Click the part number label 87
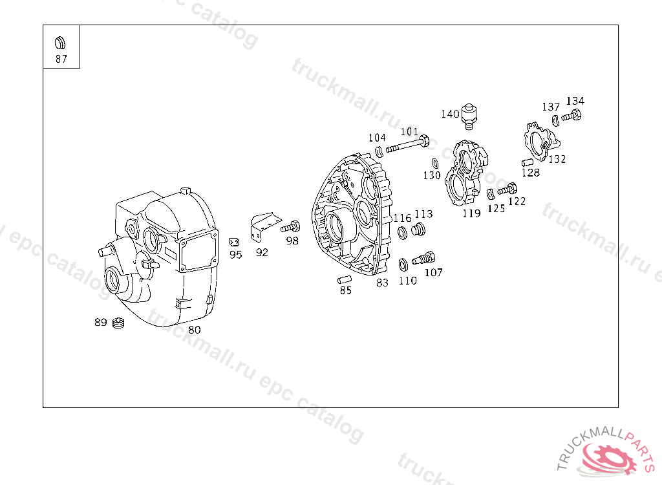click(61, 59)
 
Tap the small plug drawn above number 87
click(60, 43)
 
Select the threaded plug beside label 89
click(119, 323)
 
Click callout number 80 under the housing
click(194, 330)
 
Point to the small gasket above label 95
click(234, 242)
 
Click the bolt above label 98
click(290, 227)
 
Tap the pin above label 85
click(345, 279)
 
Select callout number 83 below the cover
click(382, 283)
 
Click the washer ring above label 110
click(403, 265)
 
